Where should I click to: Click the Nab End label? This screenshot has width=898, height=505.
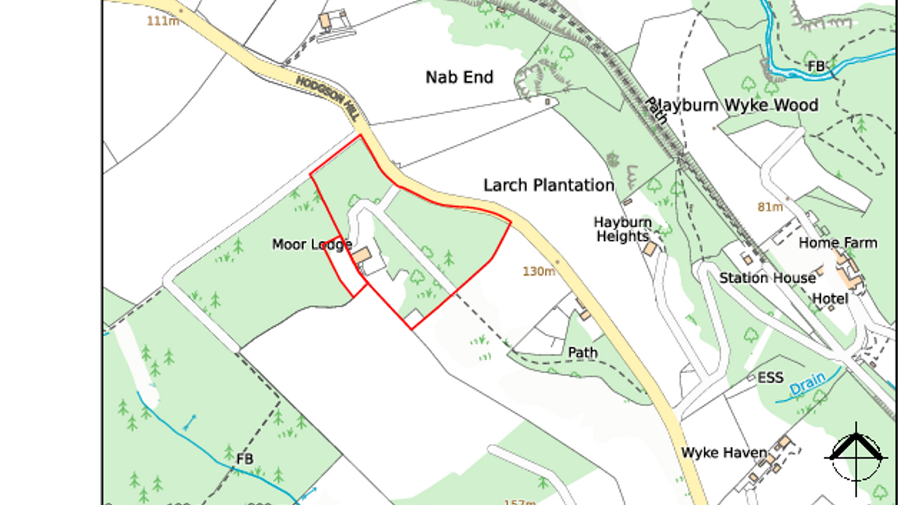460,77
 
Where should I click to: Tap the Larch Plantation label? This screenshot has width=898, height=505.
549,185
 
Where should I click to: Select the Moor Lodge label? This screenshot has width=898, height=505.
311,244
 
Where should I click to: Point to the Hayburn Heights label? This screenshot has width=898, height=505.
623,229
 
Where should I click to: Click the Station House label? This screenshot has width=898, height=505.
767,278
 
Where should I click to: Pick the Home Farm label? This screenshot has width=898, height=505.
838,243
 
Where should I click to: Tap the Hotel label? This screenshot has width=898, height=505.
830,299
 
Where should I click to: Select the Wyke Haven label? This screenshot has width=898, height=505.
724,452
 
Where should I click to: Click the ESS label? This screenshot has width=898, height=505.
770,378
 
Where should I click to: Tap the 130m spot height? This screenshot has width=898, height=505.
539,271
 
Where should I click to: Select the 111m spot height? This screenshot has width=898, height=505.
163,21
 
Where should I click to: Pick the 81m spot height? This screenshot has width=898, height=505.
770,207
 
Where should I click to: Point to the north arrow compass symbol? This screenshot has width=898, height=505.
856,456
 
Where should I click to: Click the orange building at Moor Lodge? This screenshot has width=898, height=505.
362,255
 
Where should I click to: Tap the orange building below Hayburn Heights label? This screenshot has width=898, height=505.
650,249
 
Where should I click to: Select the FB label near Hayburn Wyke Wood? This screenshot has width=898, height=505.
816,66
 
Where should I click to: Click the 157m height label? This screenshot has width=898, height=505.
518,501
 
